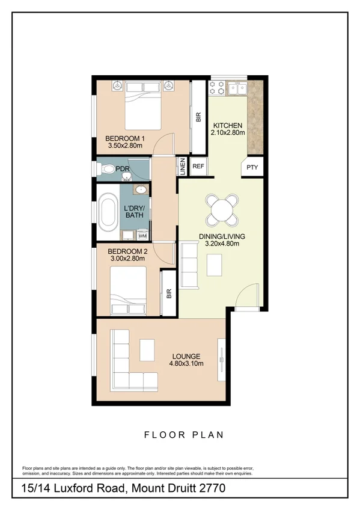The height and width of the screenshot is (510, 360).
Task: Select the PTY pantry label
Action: point(252,167)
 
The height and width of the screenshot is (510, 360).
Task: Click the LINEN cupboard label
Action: point(182,165)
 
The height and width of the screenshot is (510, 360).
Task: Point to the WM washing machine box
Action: point(142,235)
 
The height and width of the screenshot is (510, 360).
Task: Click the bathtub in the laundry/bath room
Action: point(109,212)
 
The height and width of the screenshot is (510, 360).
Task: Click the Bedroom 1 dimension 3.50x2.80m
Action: point(124,145)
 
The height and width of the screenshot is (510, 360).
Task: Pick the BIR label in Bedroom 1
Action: point(198,117)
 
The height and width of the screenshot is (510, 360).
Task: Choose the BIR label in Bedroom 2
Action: point(169,294)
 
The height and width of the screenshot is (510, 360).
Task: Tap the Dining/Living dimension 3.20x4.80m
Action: point(222,244)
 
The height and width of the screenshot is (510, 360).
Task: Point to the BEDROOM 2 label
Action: point(127,251)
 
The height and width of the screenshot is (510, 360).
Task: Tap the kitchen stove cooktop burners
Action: point(217,89)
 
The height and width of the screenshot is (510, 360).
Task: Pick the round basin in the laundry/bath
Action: point(141,191)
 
